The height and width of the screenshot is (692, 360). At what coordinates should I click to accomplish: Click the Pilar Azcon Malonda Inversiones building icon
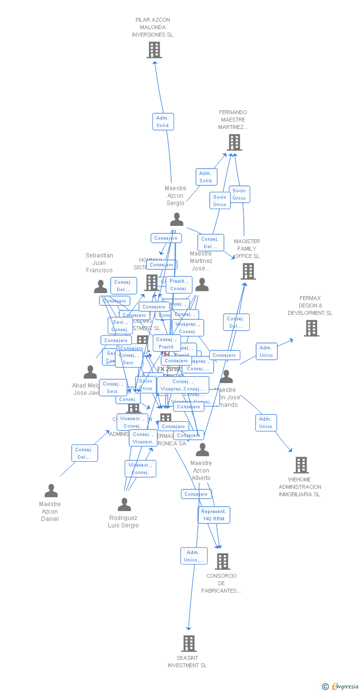[x=154, y=50]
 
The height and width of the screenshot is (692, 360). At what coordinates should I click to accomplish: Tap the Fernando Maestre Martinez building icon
[x=234, y=142]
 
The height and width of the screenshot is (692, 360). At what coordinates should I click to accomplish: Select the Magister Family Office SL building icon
[x=248, y=271]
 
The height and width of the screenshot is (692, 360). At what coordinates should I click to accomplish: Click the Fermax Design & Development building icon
[x=312, y=328]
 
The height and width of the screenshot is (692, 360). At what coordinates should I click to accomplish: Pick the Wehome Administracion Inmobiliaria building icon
[x=301, y=465]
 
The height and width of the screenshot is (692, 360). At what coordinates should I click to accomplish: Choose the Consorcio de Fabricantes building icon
[x=223, y=562]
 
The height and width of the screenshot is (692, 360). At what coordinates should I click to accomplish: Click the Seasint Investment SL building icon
[x=189, y=644]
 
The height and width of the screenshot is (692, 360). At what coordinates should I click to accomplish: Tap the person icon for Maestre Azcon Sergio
[x=177, y=219]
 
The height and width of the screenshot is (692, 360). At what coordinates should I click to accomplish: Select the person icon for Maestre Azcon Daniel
[x=51, y=491]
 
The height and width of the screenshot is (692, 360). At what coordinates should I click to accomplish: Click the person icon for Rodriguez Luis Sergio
[x=124, y=505]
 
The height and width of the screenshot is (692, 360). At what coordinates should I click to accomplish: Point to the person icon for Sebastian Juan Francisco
[x=100, y=287]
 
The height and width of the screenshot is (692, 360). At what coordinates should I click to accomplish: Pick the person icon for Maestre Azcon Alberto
[x=202, y=450]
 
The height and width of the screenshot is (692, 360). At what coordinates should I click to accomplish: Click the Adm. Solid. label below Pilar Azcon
[x=163, y=122]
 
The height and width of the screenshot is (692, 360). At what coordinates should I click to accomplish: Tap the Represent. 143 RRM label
[x=214, y=515]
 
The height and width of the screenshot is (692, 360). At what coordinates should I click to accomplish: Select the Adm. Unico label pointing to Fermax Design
[x=267, y=351]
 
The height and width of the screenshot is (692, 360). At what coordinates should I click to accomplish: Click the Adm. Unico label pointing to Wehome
[x=266, y=423]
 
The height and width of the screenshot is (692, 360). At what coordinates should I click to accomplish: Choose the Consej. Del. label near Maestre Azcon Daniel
[x=85, y=453]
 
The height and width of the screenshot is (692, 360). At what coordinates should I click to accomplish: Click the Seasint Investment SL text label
[x=187, y=662]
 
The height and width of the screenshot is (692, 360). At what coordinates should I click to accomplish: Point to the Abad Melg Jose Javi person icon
[x=90, y=372]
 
